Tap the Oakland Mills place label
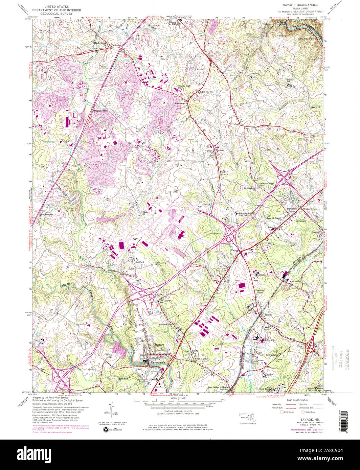click(x=101, y=111)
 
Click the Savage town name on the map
click(x=159, y=345)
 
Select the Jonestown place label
click(x=181, y=104)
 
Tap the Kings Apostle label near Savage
click(x=201, y=359)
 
